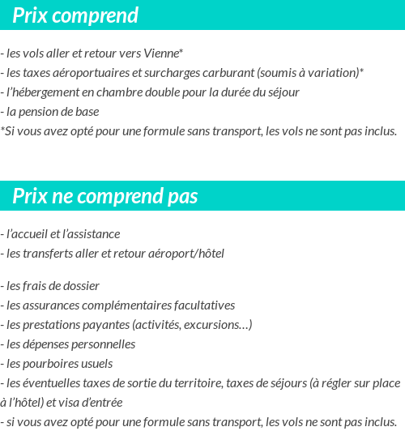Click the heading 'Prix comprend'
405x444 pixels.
pyautogui.click(x=75, y=15)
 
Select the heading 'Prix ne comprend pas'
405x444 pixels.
pyautogui.click(x=104, y=197)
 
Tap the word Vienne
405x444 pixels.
pyautogui.click(x=163, y=53)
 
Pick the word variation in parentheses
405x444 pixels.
pyautogui.click(x=335, y=73)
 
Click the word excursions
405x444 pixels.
pyautogui.click(x=218, y=325)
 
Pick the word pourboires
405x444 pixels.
pyautogui.click(x=52, y=364)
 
